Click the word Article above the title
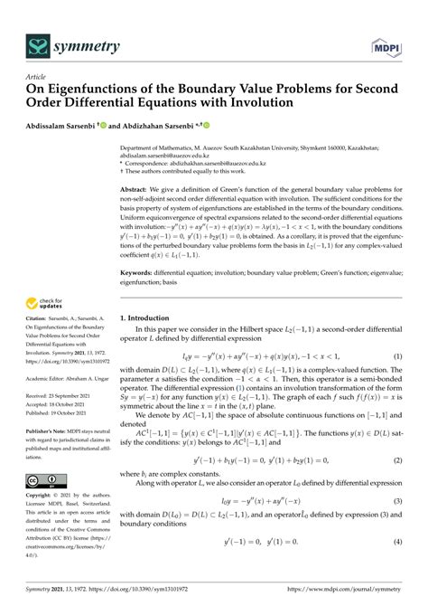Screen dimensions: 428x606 point(35,78)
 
